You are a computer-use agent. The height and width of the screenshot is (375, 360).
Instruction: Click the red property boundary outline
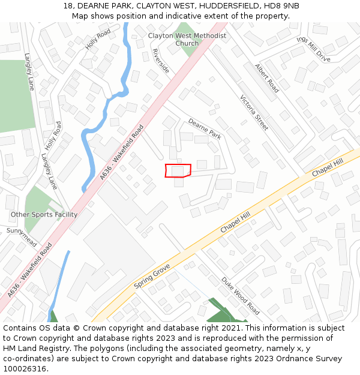[178, 170]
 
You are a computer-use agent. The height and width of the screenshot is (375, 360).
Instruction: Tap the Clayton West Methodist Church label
[187, 40]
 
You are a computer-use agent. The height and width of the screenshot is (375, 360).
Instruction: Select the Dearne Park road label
[205, 128]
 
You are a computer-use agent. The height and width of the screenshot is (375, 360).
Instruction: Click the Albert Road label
[266, 78]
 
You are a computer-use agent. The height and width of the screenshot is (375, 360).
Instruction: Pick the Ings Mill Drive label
[313, 49]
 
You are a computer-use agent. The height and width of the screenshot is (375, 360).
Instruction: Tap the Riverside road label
[161, 61]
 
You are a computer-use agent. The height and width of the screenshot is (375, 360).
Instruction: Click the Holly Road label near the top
[98, 39]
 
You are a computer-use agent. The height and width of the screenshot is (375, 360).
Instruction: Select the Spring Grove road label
[152, 275]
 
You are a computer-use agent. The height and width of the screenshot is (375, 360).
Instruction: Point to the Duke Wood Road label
[240, 296]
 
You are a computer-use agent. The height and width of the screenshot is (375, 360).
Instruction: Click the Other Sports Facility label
[44, 215]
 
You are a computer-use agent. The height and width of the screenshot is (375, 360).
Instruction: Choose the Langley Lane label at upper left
[29, 72]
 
